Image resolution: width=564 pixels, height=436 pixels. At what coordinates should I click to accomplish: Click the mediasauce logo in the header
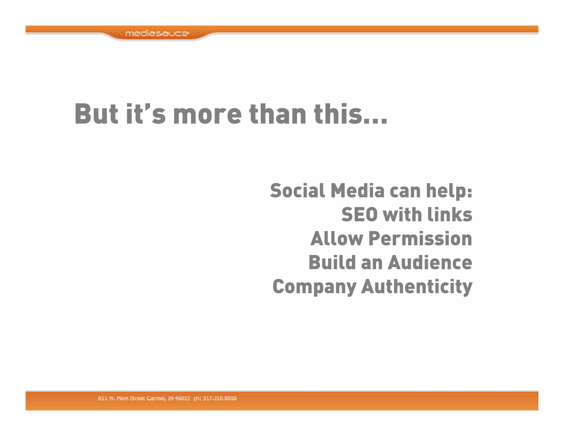pos(157,34)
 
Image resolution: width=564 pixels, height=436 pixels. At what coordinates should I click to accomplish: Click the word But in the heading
pos(96,114)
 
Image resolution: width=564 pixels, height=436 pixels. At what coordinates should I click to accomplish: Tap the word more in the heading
pos(207,114)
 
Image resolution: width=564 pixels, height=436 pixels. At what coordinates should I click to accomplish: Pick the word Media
pos(357,191)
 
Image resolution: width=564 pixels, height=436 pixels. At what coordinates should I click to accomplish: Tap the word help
pos(447,191)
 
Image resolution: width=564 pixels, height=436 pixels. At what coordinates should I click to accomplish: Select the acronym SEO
pos(359,215)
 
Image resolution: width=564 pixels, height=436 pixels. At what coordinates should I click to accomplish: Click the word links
pos(449,215)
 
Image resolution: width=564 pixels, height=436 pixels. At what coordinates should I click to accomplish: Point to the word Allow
pos(337,239)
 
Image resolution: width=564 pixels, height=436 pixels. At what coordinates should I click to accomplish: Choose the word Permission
pos(420,239)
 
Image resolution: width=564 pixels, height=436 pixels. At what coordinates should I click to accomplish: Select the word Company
pos(314,287)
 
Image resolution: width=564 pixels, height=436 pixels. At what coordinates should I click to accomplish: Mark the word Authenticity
pos(417,287)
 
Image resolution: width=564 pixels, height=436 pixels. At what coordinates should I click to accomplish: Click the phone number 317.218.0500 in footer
pos(220,398)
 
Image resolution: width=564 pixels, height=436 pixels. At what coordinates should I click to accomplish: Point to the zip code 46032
pos(182,398)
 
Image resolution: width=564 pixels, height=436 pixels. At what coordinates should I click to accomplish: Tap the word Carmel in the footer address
pos(156,398)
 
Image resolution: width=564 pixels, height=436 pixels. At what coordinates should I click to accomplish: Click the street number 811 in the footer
pos(102,398)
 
